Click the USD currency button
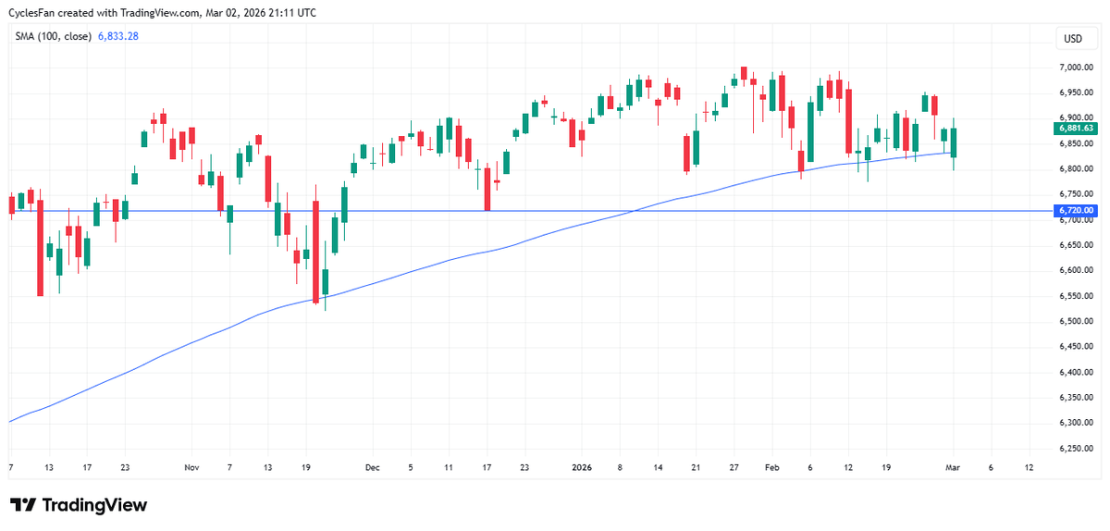pos(1073,39)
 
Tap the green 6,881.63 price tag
pos(1075,129)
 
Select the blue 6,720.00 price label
pos(1075,211)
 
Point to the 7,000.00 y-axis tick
pos(1077,68)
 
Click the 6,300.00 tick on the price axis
pos(1077,424)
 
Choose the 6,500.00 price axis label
pos(1077,322)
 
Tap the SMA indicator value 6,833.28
pos(118,36)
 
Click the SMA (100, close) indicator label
pos(53,36)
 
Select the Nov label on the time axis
pos(191,468)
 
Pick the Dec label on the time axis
pos(373,468)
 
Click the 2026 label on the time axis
pos(581,468)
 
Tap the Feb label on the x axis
pos(771,468)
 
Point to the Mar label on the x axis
pos(953,468)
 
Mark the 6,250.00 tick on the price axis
pos(1077,449)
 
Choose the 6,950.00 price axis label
pos(1077,93)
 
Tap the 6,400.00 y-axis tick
pos(1077,373)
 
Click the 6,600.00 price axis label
pos(1077,271)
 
